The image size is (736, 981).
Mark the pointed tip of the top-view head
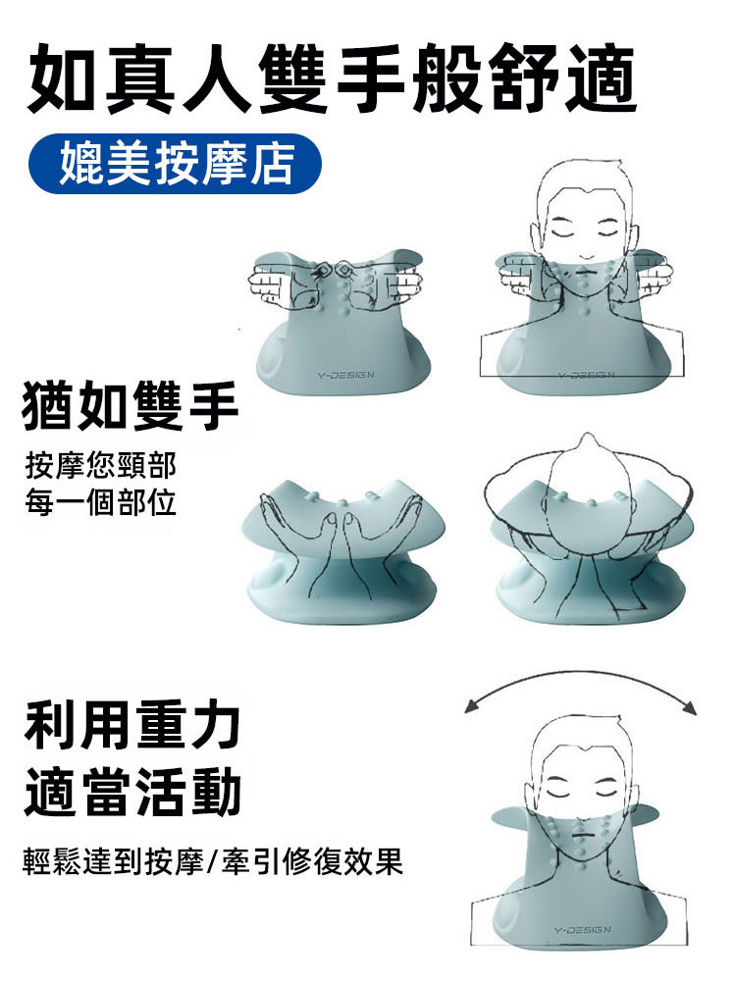(586, 438)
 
